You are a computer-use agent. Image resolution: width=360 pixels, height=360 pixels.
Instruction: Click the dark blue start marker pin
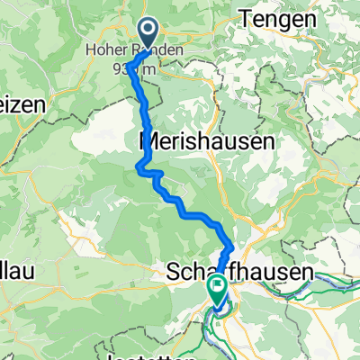[148, 34]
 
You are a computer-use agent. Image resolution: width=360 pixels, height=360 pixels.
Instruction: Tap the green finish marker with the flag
[218, 287]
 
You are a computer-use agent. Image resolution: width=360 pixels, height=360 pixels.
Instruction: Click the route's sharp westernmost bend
[139, 165]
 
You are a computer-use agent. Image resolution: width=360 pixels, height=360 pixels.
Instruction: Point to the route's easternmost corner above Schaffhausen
[233, 247]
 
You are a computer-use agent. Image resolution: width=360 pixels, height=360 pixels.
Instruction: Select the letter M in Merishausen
[148, 141]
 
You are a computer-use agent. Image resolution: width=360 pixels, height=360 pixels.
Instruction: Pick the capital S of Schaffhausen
[173, 272]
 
